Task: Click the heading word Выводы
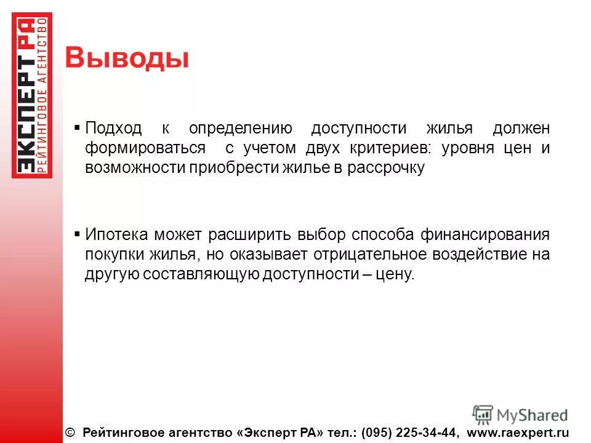127,59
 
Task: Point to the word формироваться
145,149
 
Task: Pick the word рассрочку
387,169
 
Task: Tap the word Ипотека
117,234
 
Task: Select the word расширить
248,234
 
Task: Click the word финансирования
485,234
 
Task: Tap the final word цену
396,274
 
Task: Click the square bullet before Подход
77,128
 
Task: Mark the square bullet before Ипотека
77,234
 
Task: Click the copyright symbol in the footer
69,433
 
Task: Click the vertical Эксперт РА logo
32,95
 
